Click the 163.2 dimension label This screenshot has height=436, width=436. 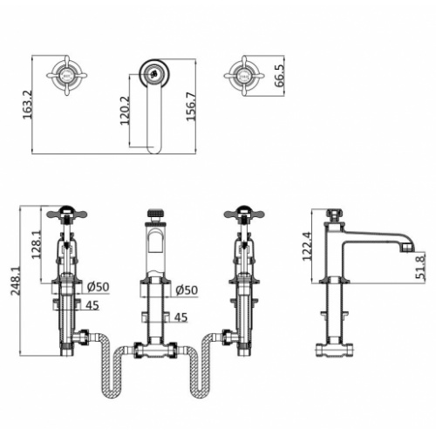[28, 105]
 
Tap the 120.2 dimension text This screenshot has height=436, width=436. [125, 111]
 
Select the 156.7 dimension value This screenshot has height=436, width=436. [191, 106]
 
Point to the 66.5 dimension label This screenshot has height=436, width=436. [280, 76]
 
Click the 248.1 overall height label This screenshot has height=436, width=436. [16, 281]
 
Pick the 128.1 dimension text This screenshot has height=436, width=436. [37, 244]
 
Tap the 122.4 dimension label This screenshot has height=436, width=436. [308, 246]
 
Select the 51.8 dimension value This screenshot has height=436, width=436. [420, 266]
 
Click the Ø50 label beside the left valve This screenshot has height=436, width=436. [99, 287]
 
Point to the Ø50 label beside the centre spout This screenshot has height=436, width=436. [187, 290]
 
